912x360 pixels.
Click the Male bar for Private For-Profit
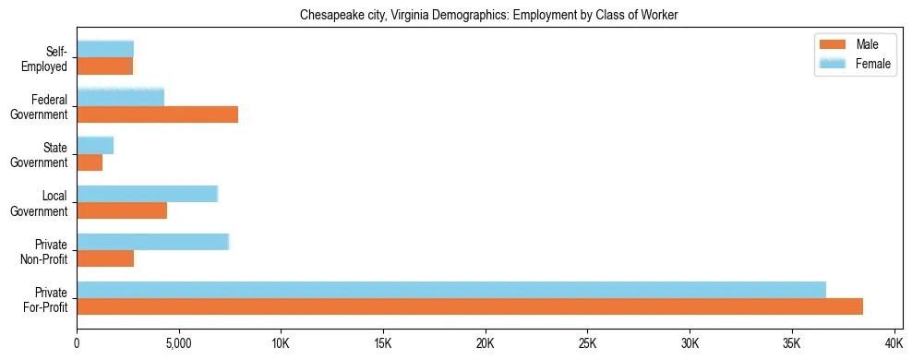tap(470, 306)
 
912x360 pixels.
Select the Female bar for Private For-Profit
tap(451, 290)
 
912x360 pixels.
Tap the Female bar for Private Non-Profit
tap(152, 242)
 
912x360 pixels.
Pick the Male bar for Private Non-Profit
tap(105, 258)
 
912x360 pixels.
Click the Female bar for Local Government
tap(147, 194)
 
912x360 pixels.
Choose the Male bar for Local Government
tap(122, 210)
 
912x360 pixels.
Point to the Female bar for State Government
tap(95, 145)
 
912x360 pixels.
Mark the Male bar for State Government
tap(90, 162)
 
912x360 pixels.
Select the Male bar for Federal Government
tap(157, 114)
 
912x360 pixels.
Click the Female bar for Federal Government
tap(120, 97)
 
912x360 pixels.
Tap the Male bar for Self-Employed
tap(104, 66)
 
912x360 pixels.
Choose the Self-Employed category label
tap(49, 58)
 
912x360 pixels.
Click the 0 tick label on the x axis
tap(77, 343)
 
